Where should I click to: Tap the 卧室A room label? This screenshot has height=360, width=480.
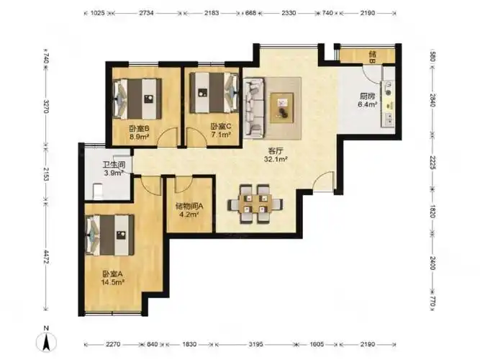coord(112,274)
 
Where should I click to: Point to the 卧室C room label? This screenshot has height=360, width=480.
coord(220,126)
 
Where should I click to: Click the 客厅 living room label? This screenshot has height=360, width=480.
coord(275,150)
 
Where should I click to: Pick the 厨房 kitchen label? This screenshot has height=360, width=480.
coord(367,96)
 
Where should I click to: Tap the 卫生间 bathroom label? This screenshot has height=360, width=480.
coord(114,165)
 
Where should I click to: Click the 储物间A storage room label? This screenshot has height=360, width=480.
coord(189,206)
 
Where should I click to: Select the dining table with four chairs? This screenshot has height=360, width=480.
coord(255,204)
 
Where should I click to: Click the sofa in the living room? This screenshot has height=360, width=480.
coord(254,107)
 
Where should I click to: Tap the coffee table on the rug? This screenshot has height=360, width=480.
coord(281,108)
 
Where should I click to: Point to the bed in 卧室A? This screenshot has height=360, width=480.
coord(111,235)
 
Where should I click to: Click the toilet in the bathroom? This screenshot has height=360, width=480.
coord(99,191)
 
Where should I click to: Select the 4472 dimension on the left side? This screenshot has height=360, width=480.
coord(46,257)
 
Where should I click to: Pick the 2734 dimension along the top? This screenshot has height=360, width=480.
coord(146,13)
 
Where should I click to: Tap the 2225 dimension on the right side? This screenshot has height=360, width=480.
coord(433,162)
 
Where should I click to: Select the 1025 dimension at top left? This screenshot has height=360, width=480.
coord(98,13)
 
